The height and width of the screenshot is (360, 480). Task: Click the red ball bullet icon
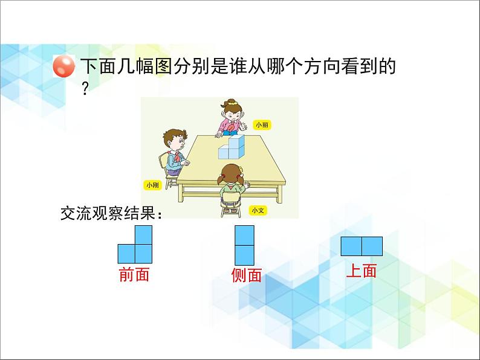tap(63, 66)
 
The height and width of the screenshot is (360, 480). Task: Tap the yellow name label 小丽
tap(262, 125)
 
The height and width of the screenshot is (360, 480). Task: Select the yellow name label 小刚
tap(152, 185)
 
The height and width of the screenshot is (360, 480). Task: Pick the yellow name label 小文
tap(258, 210)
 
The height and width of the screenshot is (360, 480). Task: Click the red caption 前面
tap(134, 274)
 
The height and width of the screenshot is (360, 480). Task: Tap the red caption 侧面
tap(246, 275)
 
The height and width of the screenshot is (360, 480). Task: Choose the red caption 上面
tap(362, 271)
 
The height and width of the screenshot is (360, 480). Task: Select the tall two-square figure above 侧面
tap(244, 245)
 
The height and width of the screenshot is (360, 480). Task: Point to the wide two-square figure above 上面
tap(362, 246)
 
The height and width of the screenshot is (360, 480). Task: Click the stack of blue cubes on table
tap(232, 147)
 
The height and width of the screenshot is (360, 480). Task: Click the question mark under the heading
tap(85, 89)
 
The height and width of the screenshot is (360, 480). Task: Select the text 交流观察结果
tap(108, 213)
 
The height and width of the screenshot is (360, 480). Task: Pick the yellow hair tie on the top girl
tap(233, 103)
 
